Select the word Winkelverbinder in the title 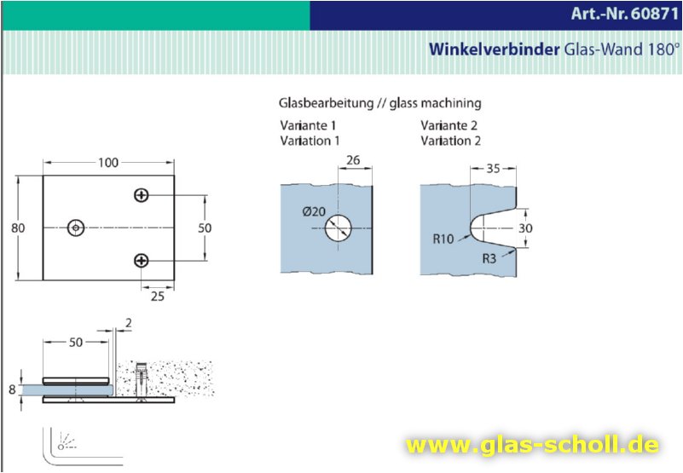[x=495, y=49]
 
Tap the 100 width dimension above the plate [x=107, y=163]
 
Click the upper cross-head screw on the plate [x=142, y=196]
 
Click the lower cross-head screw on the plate [x=142, y=260]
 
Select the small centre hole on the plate [x=78, y=228]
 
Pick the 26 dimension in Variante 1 [x=355, y=160]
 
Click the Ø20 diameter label [x=314, y=212]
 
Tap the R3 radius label [x=489, y=257]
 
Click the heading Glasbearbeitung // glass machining [x=380, y=103]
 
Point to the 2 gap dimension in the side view [x=128, y=323]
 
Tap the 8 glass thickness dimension [x=11, y=389]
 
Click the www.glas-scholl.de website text [x=532, y=444]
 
